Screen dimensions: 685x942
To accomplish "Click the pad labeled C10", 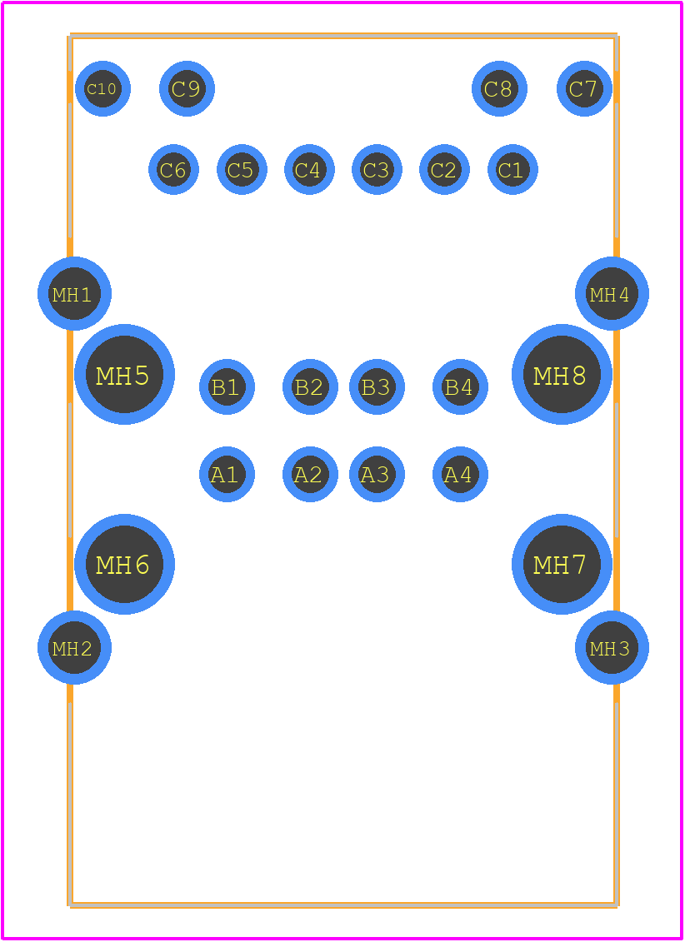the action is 102,89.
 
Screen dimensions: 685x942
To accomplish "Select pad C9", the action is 187,89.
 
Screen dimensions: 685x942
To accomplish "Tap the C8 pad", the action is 499,89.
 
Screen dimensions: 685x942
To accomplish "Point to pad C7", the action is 584,89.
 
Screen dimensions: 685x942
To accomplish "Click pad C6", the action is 173,169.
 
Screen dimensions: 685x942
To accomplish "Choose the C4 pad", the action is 309,169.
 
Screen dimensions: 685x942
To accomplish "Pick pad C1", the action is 512,169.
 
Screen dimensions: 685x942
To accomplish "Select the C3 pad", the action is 377,169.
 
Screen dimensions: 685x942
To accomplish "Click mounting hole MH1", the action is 74,294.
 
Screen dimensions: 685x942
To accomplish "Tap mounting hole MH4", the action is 612,294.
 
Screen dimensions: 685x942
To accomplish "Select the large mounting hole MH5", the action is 124,374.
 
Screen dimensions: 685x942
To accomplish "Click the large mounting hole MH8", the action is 562,374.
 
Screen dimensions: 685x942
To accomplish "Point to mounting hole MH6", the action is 124,564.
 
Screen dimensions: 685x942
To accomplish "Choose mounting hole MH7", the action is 562,564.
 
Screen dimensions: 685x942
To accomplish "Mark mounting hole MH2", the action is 74,648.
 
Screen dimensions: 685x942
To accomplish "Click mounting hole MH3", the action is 612,648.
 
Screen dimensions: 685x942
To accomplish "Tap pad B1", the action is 227,387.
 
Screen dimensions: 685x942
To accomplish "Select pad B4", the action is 460,387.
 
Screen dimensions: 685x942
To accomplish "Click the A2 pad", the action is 310,474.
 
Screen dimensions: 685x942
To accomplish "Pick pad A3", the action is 377,474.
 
